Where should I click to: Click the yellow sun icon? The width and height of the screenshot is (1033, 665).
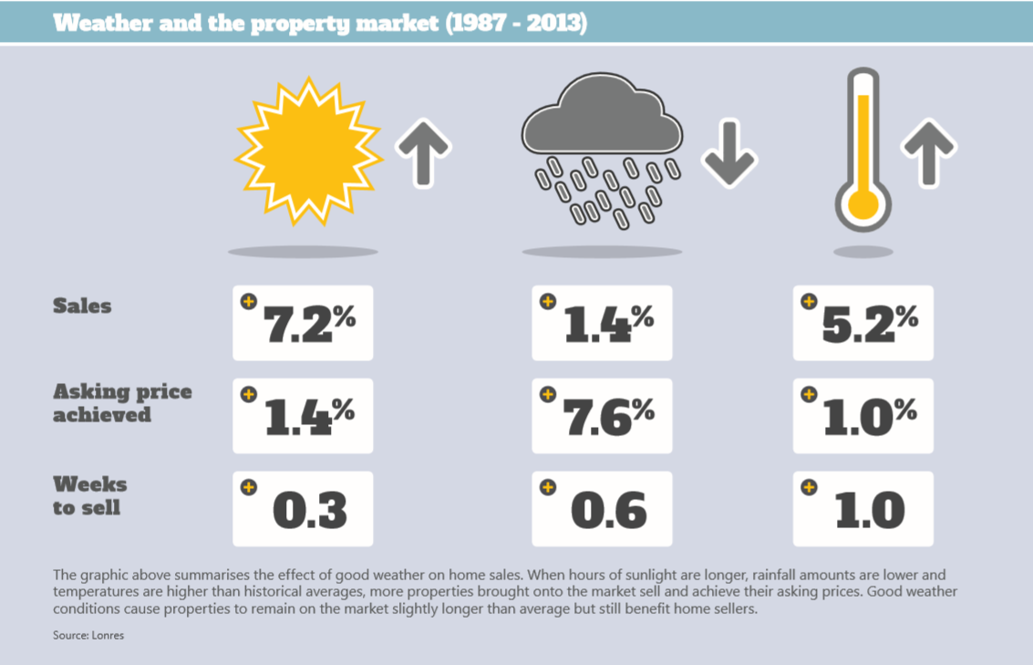pyautogui.click(x=306, y=151)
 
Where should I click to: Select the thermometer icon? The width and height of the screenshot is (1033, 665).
pyautogui.click(x=862, y=151)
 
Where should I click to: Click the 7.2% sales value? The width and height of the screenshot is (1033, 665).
pyautogui.click(x=308, y=323)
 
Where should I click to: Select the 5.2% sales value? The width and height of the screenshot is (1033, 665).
pyautogui.click(x=869, y=323)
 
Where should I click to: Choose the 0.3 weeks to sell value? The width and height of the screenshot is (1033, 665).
pyautogui.click(x=310, y=510)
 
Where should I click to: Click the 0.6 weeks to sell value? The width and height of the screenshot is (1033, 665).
pyautogui.click(x=609, y=510)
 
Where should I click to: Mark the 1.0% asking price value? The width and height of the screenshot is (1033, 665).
pyautogui.click(x=869, y=416)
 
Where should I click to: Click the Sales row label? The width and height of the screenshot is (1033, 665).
pyautogui.click(x=82, y=306)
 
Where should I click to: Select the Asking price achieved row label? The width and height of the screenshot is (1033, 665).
pyautogui.click(x=122, y=403)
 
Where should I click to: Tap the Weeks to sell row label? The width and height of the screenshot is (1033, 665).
pyautogui.click(x=89, y=495)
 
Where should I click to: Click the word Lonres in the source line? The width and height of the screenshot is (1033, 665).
pyautogui.click(x=107, y=635)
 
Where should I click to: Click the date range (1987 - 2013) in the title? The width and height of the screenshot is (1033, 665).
pyautogui.click(x=516, y=22)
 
